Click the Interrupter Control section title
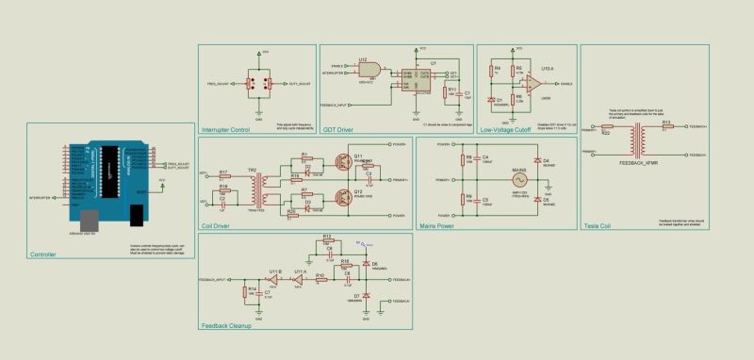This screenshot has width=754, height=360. (x=225, y=129)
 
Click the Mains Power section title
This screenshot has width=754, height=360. (x=438, y=226)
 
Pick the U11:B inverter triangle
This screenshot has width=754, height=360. (x=274, y=280)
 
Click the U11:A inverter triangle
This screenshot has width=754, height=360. (x=299, y=280)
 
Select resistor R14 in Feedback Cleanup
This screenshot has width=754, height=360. (x=246, y=290)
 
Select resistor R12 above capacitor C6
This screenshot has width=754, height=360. (x=327, y=240)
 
